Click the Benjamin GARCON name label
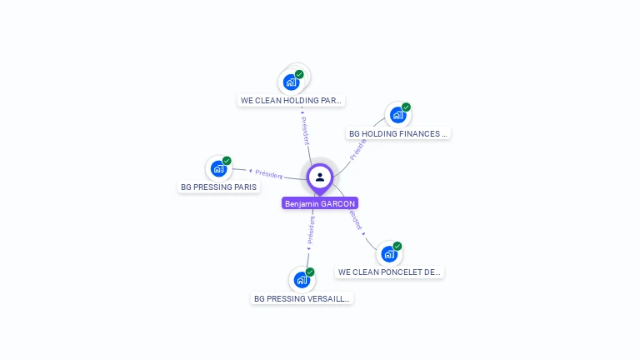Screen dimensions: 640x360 320,203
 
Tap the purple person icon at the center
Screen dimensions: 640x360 320,177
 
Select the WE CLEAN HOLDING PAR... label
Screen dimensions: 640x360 291,100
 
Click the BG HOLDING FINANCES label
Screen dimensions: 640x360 398,133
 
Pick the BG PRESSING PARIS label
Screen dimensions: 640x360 218,187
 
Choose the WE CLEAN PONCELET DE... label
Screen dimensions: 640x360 389,272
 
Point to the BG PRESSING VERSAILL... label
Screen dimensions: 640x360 302,298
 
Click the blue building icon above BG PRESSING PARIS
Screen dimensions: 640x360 218,168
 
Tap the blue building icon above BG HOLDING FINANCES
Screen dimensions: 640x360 397,115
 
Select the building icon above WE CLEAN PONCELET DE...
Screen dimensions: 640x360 388,254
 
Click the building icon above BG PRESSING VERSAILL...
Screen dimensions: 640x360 301,280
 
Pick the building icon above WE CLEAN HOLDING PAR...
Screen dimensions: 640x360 290,82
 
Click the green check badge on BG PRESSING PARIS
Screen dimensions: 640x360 227,161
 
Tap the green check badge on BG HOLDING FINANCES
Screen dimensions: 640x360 406,107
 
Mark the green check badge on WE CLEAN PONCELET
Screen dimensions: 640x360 397,247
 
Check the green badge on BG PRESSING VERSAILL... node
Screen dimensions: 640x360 310,272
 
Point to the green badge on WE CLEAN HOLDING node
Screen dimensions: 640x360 299,74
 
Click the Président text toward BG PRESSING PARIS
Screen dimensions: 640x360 269,174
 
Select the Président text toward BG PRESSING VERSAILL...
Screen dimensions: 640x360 311,230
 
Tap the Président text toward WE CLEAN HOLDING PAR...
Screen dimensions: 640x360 305,129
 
